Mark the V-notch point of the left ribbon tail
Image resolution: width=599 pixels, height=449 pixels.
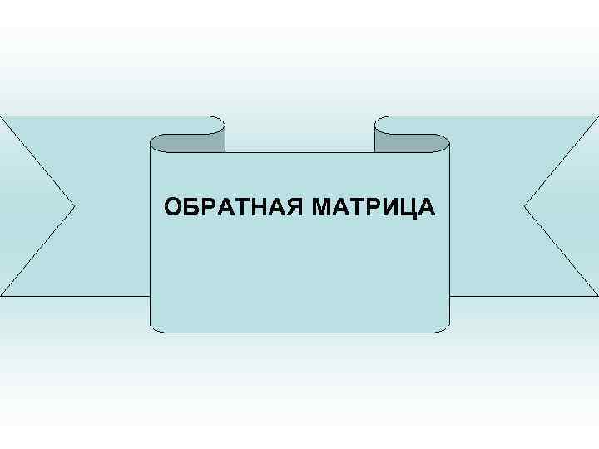pyautogui.click(x=76, y=205)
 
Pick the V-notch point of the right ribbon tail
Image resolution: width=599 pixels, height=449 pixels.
pyautogui.click(x=525, y=205)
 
